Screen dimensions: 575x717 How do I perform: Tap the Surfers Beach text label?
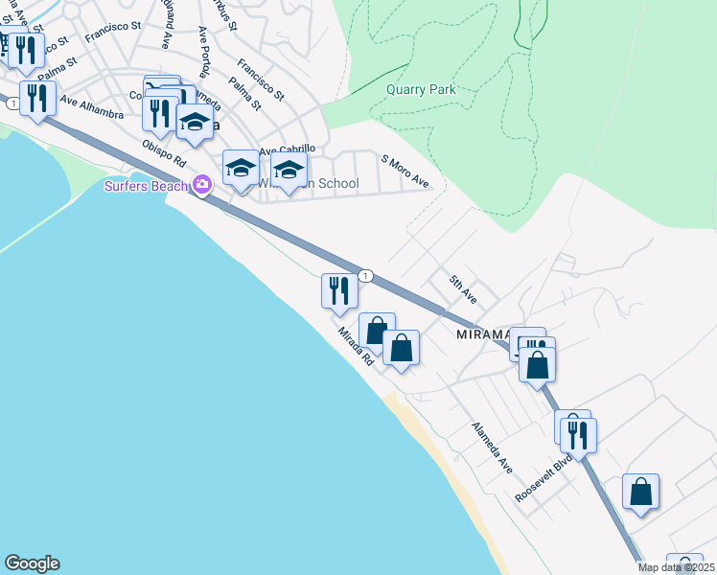pos(147,185)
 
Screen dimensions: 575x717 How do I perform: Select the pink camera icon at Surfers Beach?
pos(202,185)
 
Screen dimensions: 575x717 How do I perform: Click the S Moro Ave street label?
pos(405,171)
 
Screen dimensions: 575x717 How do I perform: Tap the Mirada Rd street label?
pos(355,347)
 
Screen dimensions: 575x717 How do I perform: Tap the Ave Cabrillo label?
pos(287,149)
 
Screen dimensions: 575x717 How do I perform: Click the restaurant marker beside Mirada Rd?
pos(337,290)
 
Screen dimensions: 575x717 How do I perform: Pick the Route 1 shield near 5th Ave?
pos(365,276)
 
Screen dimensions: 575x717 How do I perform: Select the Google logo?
pos(32,563)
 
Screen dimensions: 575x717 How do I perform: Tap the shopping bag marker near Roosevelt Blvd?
pos(640,492)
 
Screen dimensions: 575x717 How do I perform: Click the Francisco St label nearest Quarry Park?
pos(261,80)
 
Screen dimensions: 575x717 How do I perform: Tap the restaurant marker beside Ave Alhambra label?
pos(37,98)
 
